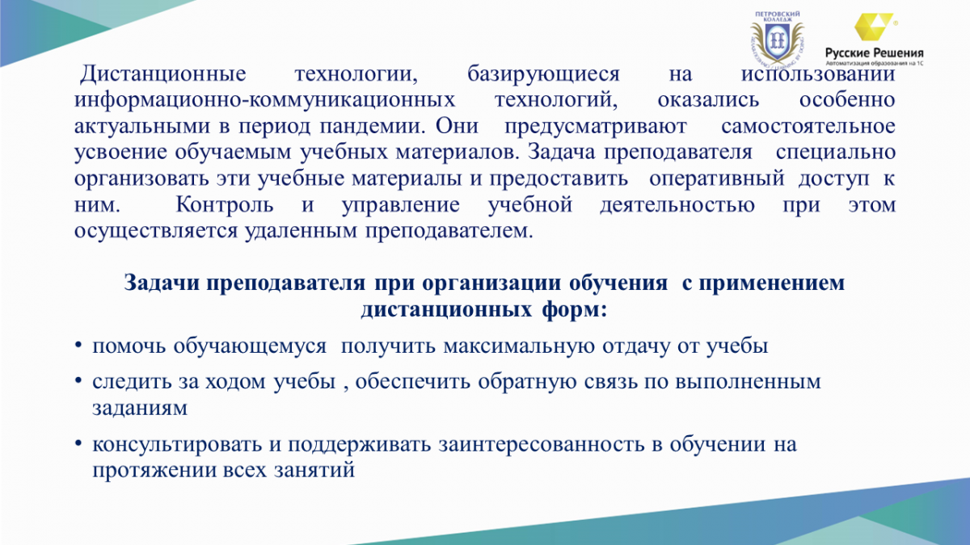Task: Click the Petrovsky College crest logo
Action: [777, 39]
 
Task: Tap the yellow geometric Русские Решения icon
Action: [874, 27]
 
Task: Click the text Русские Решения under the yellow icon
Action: [875, 53]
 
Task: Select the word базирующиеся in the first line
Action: [543, 74]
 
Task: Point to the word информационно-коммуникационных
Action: [264, 100]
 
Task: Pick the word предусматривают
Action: [596, 127]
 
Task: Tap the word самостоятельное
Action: [808, 127]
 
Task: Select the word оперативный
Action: [717, 178]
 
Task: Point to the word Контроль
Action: [225, 204]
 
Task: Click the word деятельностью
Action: [677, 204]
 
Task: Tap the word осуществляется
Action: [156, 231]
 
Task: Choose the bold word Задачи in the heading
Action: [162, 283]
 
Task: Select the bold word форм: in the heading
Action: [574, 310]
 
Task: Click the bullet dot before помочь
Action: [78, 346]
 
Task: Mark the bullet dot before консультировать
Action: [78, 444]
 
